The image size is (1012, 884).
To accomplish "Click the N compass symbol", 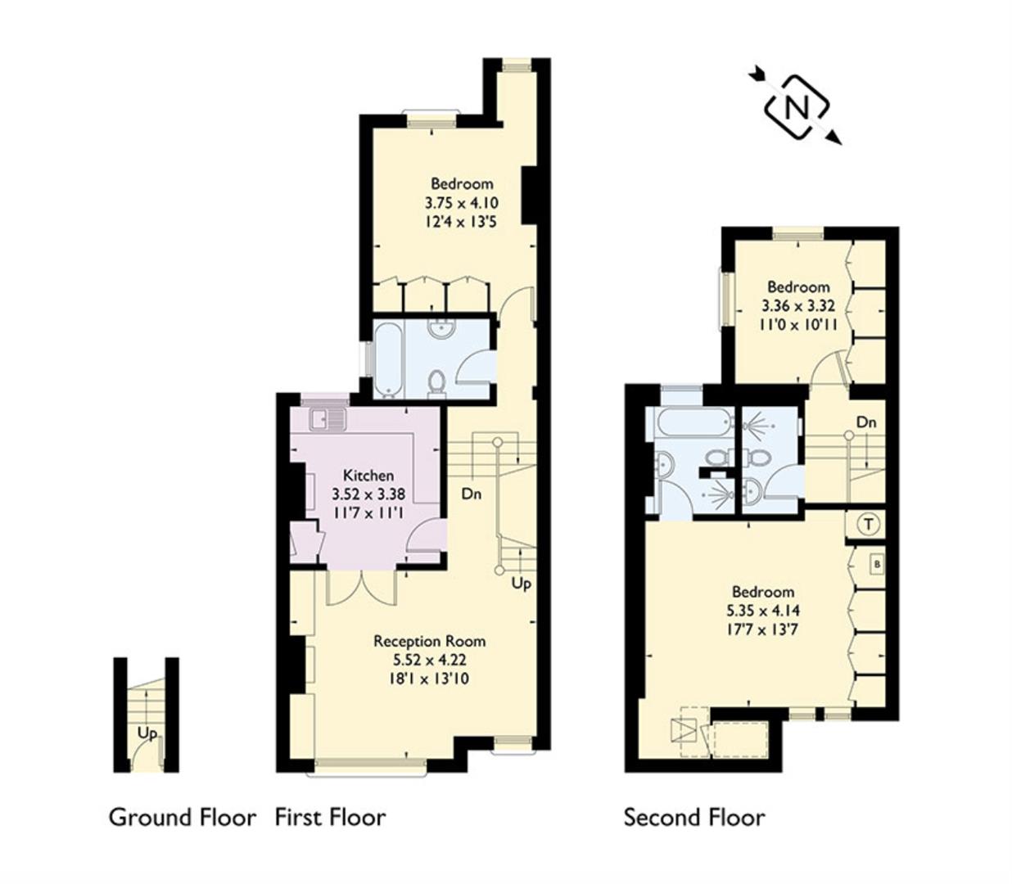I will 796,107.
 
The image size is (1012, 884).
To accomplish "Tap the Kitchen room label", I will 368,476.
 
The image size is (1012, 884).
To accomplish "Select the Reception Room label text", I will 429,641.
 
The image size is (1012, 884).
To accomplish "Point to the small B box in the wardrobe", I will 876,565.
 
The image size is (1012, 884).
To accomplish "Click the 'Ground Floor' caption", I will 182,817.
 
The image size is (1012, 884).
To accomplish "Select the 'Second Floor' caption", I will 694,817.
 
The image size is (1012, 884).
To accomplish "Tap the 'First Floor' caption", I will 330,817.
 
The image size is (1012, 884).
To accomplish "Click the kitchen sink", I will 328,420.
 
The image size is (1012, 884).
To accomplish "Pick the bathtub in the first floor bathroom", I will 388,359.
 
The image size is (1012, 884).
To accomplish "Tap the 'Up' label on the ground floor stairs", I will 147,733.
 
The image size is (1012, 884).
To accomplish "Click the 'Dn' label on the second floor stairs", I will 866,422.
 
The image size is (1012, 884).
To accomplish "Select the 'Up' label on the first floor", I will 521,584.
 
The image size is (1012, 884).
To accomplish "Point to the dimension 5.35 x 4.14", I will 762,611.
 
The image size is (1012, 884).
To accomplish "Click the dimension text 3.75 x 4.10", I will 462,202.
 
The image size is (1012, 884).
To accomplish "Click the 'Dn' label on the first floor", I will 471,494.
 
